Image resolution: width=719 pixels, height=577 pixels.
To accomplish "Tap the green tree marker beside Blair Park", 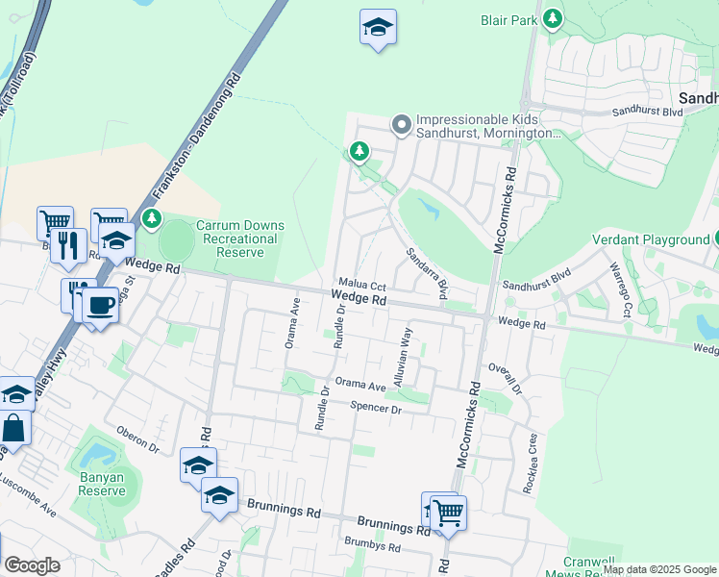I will [x=552, y=18].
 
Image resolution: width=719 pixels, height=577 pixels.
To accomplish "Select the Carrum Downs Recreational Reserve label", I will [x=236, y=238].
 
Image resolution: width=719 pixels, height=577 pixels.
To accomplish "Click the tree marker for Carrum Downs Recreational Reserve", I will [x=152, y=219].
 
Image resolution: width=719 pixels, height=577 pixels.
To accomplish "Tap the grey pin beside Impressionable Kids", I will [x=401, y=123].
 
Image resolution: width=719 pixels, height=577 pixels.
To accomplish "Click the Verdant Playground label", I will [x=649, y=239].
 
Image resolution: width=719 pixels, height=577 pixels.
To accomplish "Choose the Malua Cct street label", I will [x=363, y=286].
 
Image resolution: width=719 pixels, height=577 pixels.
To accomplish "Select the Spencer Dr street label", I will [x=375, y=409].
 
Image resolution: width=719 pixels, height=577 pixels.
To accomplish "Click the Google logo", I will [x=32, y=565].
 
